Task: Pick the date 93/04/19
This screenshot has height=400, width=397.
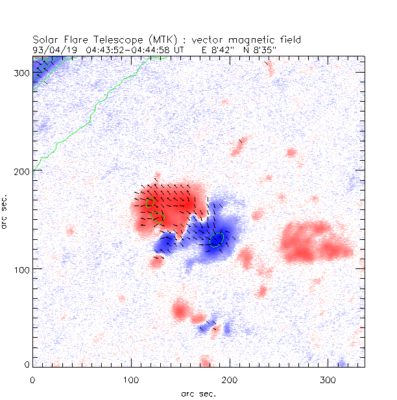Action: tap(52, 49)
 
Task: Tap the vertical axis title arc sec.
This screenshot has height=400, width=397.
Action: tap(5, 211)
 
